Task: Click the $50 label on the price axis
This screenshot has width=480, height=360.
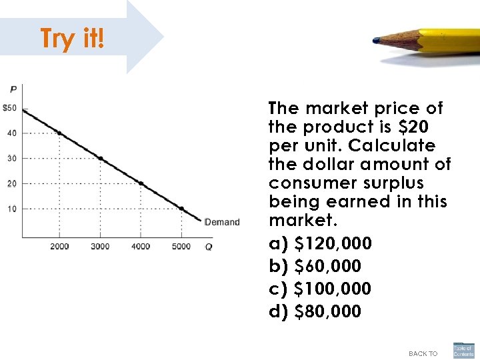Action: pos(9,108)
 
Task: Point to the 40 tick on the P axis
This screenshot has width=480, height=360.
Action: pos(12,133)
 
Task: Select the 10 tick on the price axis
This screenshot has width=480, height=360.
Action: pos(12,209)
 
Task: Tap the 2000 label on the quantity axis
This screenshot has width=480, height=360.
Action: pos(59,247)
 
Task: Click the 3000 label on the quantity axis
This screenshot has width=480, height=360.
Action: pos(100,247)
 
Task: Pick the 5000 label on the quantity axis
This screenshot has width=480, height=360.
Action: pos(181,247)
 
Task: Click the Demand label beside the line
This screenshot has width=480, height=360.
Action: pos(221,222)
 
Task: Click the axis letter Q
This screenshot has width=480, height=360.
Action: pos(209,247)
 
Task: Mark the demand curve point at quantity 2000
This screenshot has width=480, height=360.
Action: pos(59,133)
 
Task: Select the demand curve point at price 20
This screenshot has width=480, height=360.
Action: pos(141,183)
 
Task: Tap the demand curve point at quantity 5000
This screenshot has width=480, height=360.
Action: pos(181,209)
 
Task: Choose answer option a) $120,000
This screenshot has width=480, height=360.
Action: pos(320,243)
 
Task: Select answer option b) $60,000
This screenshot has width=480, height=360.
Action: pos(315,266)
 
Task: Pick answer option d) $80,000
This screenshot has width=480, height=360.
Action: pos(315,311)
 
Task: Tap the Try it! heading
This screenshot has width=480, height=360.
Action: pos(72,39)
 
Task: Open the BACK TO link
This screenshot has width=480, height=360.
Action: pos(423,353)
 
